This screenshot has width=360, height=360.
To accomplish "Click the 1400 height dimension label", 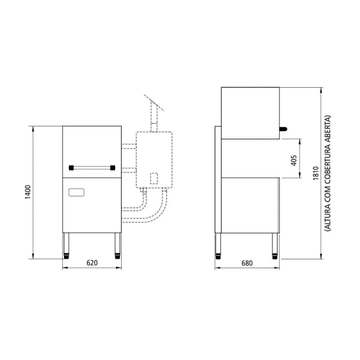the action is (x=28, y=192).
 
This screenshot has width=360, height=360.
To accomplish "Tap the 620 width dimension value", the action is (x=92, y=263).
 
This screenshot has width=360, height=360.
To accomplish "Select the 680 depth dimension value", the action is (x=247, y=263).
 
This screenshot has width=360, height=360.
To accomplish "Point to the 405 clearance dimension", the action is (x=294, y=160).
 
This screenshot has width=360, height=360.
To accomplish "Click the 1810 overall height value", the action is (x=316, y=173).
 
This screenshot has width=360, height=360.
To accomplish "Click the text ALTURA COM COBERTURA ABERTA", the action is (x=328, y=173).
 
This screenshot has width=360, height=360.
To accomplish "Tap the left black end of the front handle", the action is (x=71, y=168).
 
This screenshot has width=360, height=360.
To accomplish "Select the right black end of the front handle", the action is (x=113, y=168).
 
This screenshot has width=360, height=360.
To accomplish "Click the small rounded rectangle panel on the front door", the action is (x=76, y=192).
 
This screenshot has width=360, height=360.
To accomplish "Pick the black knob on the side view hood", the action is (x=284, y=129).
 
